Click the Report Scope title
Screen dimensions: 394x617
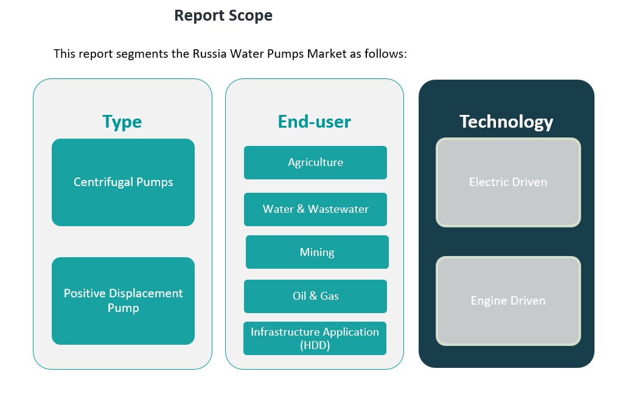223,16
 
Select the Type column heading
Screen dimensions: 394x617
122,122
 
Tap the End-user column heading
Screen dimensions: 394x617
315,122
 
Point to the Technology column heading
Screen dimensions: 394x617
506,122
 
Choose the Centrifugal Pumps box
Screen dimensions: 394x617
123,182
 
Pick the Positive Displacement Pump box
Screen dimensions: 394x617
123,301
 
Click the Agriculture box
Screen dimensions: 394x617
315,162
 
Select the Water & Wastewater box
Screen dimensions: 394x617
315,209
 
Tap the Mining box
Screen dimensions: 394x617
317,252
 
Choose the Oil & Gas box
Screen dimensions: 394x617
315,296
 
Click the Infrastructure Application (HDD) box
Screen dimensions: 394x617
315,339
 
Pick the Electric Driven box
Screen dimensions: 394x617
508,182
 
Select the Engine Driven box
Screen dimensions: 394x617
508,301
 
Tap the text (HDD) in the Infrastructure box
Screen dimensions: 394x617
315,345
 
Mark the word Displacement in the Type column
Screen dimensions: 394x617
146,294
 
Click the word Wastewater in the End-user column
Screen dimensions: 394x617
338,209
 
